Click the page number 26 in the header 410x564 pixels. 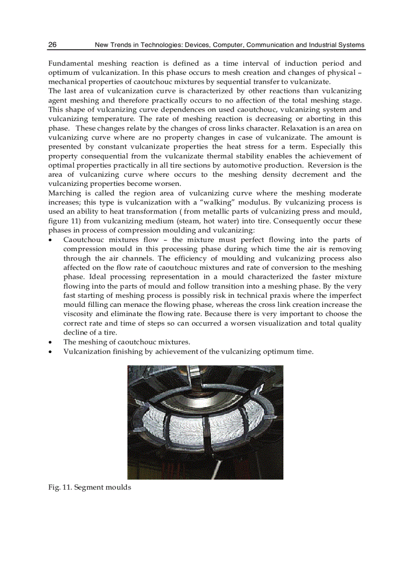tap(52, 45)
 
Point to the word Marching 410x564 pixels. tap(64, 193)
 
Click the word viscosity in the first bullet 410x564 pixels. tap(79, 314)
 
